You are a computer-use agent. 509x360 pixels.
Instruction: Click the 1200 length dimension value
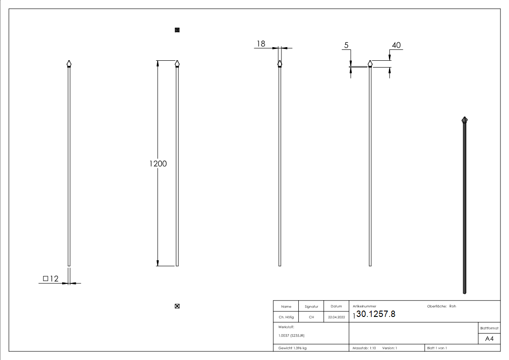coord(158,164)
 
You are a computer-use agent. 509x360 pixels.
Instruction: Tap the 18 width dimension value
coord(261,44)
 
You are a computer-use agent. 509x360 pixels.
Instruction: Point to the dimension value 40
coord(396,45)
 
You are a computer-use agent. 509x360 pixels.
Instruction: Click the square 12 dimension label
coord(51,279)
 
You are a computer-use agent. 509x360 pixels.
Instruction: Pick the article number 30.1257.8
coord(376,314)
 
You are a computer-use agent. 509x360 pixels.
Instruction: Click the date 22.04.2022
coord(336,317)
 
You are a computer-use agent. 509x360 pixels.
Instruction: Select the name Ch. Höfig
coord(286,317)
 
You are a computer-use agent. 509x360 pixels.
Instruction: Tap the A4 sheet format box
coord(489,339)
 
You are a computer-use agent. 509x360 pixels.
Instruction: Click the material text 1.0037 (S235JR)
coord(291,336)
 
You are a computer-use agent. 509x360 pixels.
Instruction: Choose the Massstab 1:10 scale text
coord(364,348)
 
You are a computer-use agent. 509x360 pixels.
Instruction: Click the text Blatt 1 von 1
coord(437,348)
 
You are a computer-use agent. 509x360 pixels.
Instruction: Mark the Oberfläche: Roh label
coord(441,306)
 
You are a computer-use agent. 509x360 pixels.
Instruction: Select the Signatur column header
coord(311,307)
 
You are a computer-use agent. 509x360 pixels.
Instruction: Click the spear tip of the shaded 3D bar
coord(465,120)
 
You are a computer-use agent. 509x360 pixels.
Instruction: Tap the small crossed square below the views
coord(177,306)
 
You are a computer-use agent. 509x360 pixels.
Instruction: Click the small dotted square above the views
coord(177,30)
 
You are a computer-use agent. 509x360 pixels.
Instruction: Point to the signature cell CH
coord(311,317)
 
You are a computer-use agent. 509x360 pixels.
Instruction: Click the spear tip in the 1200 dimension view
coord(177,63)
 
